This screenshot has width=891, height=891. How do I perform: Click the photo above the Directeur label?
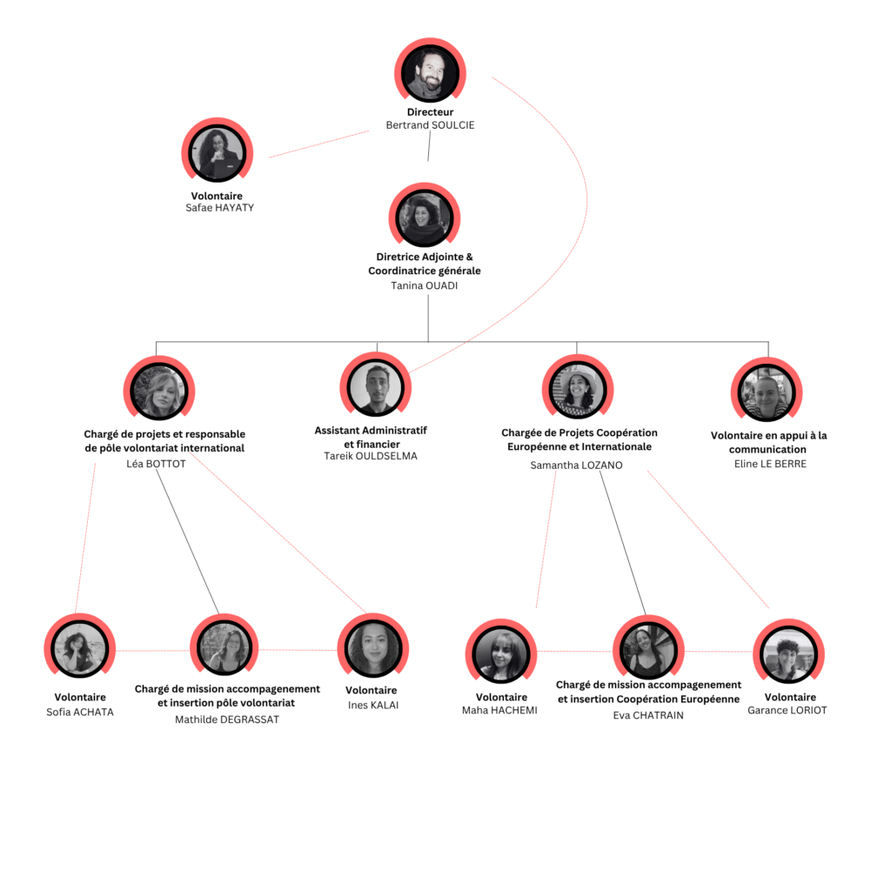[430, 73]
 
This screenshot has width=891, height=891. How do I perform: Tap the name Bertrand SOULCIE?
[430, 125]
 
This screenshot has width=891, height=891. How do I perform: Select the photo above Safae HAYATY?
[217, 153]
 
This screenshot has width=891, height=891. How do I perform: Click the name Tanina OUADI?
[425, 285]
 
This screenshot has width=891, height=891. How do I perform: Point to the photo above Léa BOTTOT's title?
[159, 391]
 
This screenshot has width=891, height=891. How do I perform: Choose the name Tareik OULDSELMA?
[371, 456]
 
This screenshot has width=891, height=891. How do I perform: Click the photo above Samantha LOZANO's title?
[578, 390]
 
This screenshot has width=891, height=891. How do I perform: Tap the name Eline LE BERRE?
[770, 464]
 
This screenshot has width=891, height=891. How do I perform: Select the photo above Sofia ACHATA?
[79, 648]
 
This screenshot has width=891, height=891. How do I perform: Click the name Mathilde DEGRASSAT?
[227, 720]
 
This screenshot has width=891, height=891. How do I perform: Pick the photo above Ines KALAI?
[372, 648]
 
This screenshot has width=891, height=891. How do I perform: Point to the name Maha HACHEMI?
[499, 710]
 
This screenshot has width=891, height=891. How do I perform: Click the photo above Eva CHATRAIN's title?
[648, 651]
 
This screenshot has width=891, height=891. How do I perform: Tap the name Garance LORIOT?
[787, 710]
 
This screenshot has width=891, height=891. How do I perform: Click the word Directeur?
[430, 112]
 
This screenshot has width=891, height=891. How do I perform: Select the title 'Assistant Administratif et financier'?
[371, 437]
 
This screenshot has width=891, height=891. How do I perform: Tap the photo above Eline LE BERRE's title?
[767, 392]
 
